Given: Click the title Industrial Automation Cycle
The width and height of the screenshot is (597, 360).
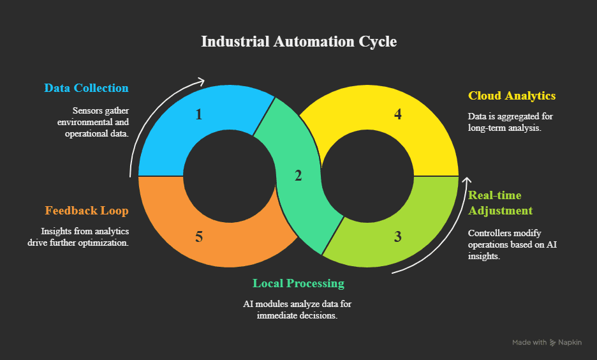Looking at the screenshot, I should pos(298,41).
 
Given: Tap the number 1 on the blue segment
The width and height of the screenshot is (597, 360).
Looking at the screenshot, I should pos(199,115).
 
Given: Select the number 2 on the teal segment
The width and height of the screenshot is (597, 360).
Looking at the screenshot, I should pos(298,176).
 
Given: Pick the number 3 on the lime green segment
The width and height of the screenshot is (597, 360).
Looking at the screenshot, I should pos(398,237).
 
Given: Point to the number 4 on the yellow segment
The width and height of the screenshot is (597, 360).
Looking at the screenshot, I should pos(398,115).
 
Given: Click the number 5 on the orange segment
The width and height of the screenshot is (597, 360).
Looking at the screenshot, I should pos(199,237).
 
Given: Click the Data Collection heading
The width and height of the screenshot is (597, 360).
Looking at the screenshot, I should pos(86,88).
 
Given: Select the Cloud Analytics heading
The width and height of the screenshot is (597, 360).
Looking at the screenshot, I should pos(512,96).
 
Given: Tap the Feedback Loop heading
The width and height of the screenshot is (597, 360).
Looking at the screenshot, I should pos(87,211).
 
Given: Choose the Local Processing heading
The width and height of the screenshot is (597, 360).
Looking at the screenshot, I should pos(298,283).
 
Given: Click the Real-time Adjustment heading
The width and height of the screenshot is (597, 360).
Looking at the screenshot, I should pos(500,203).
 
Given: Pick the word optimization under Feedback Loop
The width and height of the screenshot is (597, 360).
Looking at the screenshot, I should pos(105,244).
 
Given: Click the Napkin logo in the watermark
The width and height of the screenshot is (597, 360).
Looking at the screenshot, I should pos(554,343).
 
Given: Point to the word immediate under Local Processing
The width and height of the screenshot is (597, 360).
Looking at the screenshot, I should pos(279,315).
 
